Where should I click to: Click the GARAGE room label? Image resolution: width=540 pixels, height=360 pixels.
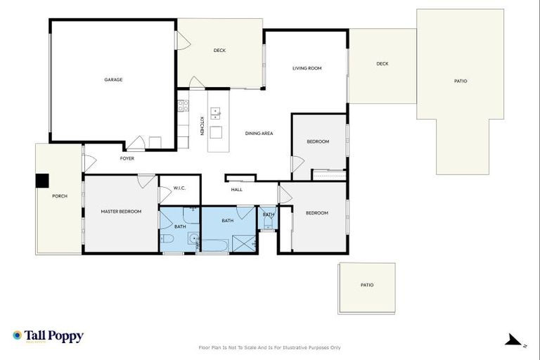113,80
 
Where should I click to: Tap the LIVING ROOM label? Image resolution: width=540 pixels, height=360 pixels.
307,68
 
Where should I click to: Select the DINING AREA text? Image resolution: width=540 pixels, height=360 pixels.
259,134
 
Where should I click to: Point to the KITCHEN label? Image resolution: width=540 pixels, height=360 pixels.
202,126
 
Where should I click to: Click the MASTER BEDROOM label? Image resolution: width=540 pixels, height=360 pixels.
121,212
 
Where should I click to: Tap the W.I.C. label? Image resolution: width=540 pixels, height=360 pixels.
179,188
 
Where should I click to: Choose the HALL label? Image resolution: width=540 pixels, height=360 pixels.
237,189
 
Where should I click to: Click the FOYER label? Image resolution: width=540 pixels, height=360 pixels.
127,159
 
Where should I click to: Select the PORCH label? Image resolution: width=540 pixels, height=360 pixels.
60,196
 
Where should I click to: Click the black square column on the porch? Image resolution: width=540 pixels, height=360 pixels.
42,181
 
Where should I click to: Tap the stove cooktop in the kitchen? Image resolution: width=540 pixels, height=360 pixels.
183,105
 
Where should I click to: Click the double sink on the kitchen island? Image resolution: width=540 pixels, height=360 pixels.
216,112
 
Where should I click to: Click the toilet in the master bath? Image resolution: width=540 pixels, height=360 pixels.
167,240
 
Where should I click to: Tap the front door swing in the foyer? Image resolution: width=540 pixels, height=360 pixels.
89,162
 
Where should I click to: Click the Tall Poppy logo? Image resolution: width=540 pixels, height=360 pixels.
48,336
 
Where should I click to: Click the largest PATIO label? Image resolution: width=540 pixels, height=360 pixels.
460,82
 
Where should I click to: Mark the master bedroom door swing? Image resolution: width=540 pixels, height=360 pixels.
146,181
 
